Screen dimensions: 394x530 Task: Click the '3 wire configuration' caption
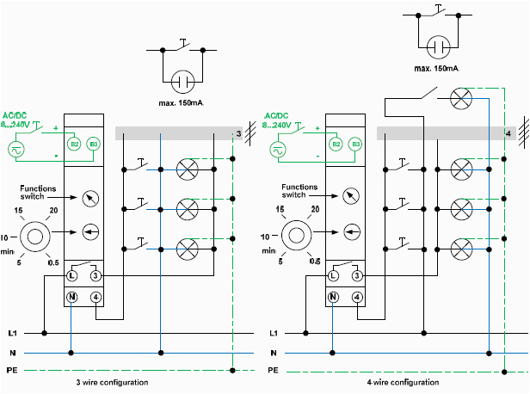pos(112,381)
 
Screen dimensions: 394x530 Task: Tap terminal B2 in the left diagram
pos(74,144)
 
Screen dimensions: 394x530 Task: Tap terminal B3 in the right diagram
pos(355,144)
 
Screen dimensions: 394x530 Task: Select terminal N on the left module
pos(73,298)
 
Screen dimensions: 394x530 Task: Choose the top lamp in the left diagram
pos(188,169)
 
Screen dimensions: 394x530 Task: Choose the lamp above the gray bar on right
pos(462,99)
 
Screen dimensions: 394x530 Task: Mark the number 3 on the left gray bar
pos(239,133)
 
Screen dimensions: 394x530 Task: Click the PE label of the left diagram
pos(10,370)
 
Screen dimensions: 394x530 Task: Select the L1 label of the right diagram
pos(274,333)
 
